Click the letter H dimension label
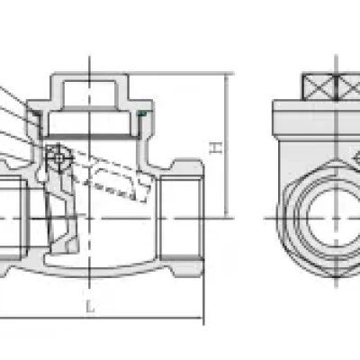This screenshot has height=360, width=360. pos(215,148)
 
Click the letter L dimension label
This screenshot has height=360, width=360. pos(90,307)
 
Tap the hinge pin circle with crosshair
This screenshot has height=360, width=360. pos(59,157)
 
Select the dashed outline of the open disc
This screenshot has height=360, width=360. pos(110,175)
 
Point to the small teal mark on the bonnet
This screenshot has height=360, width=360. pos(142,113)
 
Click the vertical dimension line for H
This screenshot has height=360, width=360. pos(227,146)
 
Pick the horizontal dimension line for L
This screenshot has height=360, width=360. pos(101,318)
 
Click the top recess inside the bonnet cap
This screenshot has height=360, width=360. pos(89,93)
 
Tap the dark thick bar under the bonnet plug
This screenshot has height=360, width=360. pos(89,137)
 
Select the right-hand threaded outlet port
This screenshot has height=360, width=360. pos(180,219)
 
